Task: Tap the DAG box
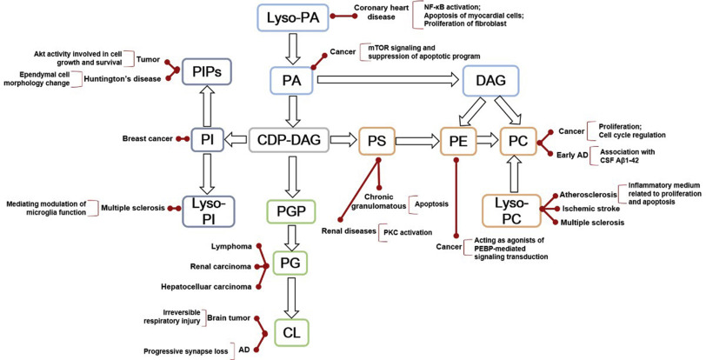click(493, 80)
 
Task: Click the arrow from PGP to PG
click(292, 238)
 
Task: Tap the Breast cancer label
click(148, 138)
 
